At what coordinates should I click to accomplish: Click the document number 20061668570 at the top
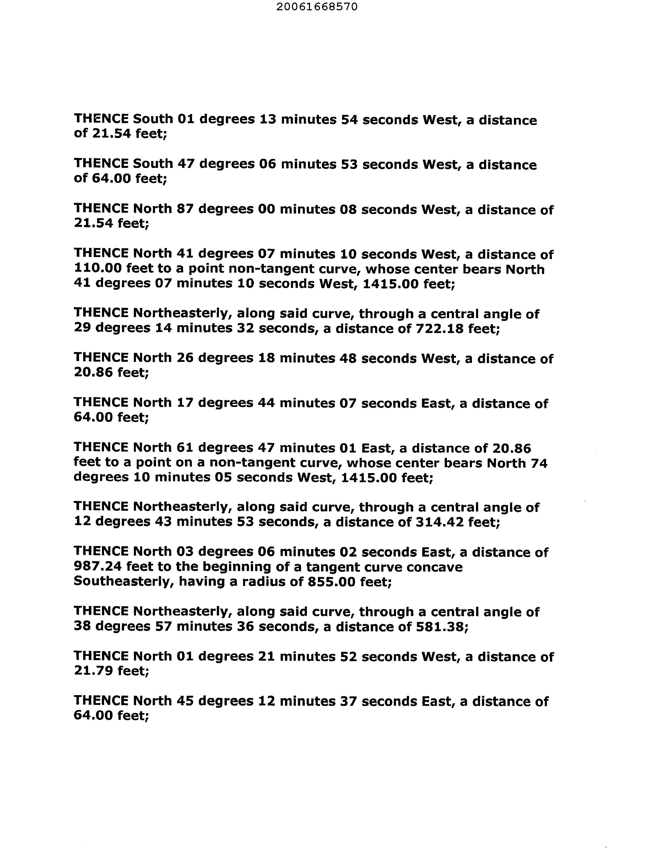pos(317,7)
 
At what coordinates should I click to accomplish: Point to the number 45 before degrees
pos(186,701)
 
